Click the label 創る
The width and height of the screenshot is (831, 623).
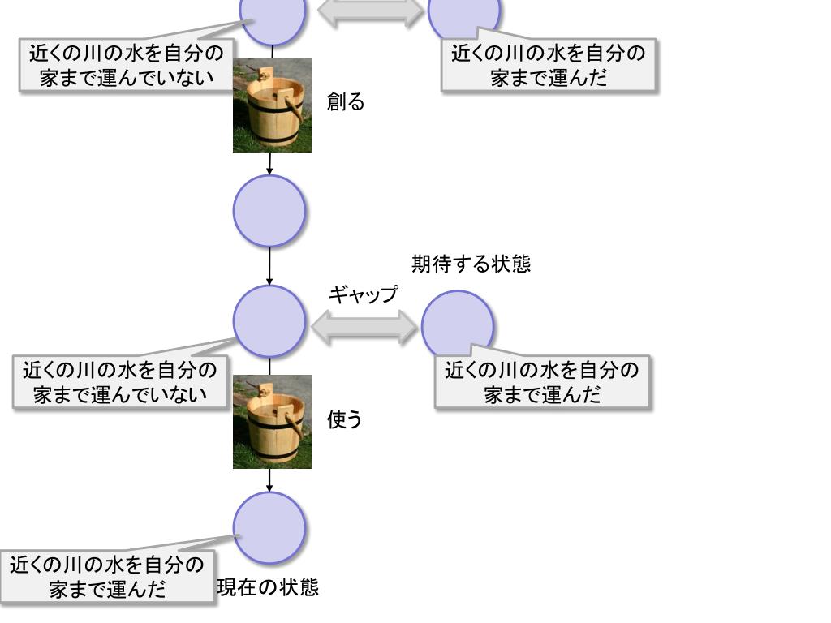click(x=345, y=102)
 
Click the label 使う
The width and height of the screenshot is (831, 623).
click(x=344, y=419)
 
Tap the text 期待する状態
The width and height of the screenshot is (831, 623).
click(x=471, y=264)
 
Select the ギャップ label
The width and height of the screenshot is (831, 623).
click(x=363, y=294)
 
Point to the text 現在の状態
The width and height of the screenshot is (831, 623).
click(x=268, y=587)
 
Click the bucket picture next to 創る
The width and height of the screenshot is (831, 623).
click(x=272, y=105)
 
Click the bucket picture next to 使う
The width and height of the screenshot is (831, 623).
click(x=272, y=422)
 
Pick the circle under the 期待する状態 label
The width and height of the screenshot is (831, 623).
click(x=458, y=320)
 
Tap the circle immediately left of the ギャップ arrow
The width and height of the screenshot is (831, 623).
click(x=269, y=320)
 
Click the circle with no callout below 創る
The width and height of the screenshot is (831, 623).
click(x=269, y=211)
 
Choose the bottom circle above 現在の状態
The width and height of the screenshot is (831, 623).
click(x=269, y=527)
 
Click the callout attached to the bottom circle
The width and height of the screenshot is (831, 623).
click(x=107, y=576)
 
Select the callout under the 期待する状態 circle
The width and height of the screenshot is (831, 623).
click(x=542, y=382)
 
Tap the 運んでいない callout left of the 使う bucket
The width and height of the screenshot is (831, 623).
click(x=120, y=382)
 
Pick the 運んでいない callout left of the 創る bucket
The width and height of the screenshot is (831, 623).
click(x=127, y=66)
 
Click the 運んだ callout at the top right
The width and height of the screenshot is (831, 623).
click(x=549, y=66)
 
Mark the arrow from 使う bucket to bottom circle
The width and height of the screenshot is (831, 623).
click(x=269, y=480)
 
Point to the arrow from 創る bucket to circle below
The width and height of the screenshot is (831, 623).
click(x=269, y=163)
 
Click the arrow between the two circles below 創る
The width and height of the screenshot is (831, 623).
click(x=269, y=265)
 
